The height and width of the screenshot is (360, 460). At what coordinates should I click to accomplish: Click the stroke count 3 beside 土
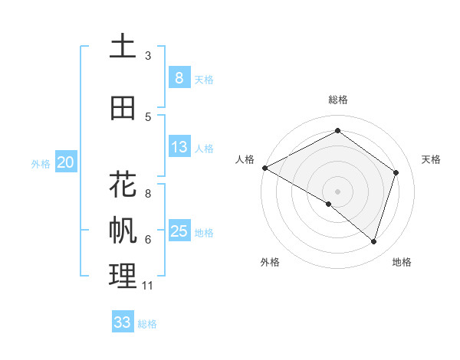point(148,56)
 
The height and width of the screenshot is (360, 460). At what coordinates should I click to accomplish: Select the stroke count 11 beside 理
point(149,286)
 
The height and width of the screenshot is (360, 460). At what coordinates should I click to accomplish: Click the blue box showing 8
point(179,77)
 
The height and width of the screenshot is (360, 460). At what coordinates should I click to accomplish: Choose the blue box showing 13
point(179,147)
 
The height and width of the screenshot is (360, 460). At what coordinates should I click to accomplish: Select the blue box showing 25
point(179,231)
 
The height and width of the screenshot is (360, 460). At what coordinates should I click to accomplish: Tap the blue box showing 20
point(66,162)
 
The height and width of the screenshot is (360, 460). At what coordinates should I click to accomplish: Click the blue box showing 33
point(122,322)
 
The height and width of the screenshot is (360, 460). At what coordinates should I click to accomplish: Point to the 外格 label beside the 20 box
point(41,163)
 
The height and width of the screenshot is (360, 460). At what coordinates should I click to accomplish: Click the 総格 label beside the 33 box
point(147,324)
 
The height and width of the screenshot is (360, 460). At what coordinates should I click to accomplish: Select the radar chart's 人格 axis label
point(245,159)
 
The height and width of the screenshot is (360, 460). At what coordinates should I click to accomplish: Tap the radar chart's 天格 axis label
point(431,159)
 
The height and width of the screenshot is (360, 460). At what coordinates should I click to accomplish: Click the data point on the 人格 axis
point(264,168)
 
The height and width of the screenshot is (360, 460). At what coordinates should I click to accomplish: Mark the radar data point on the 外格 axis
point(329,204)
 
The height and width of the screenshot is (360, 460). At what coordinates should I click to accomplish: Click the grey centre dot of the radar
point(337,191)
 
